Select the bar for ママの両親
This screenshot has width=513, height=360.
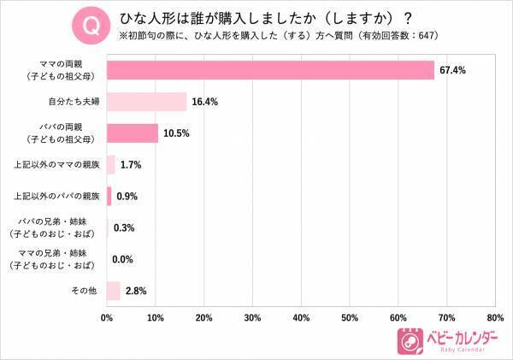pos(270,70)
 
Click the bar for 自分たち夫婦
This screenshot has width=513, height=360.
pos(146,102)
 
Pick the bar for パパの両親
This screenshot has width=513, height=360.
pos(133,133)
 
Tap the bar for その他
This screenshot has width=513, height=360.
pos(114,292)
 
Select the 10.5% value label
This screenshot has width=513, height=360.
pos(176,133)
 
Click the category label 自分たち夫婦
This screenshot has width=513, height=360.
pos(72,102)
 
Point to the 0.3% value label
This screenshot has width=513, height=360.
pos(125,228)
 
